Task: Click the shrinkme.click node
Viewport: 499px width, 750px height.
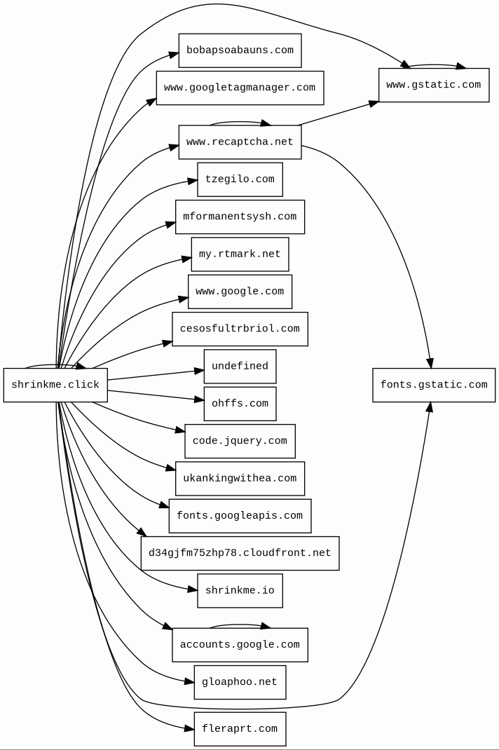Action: pos(55,385)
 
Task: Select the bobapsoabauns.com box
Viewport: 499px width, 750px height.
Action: pos(240,50)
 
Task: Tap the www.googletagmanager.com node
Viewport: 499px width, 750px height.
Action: pos(240,88)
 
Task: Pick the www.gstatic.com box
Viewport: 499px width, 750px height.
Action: pos(434,85)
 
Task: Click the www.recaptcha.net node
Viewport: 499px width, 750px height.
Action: pos(240,142)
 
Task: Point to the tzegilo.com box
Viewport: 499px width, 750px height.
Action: pos(240,179)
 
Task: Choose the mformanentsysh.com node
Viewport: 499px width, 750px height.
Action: pos(240,217)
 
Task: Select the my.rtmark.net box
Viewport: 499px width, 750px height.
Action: pos(240,254)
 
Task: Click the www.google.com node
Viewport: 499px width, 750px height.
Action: pos(240,292)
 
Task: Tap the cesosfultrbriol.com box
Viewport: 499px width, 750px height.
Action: pos(240,329)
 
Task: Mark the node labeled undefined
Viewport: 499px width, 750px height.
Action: pos(240,367)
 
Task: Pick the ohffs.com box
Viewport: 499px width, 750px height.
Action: pos(240,404)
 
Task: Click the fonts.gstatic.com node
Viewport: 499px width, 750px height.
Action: pos(434,385)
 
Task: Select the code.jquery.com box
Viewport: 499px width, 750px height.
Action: pos(240,441)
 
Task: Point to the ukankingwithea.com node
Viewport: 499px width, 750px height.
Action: pos(240,479)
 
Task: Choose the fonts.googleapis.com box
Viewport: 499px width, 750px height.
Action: pos(240,516)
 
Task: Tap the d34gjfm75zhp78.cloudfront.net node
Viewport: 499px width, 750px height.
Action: pos(240,553)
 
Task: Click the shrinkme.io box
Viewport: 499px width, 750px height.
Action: pos(240,591)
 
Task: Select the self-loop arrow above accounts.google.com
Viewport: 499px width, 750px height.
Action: pos(240,625)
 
